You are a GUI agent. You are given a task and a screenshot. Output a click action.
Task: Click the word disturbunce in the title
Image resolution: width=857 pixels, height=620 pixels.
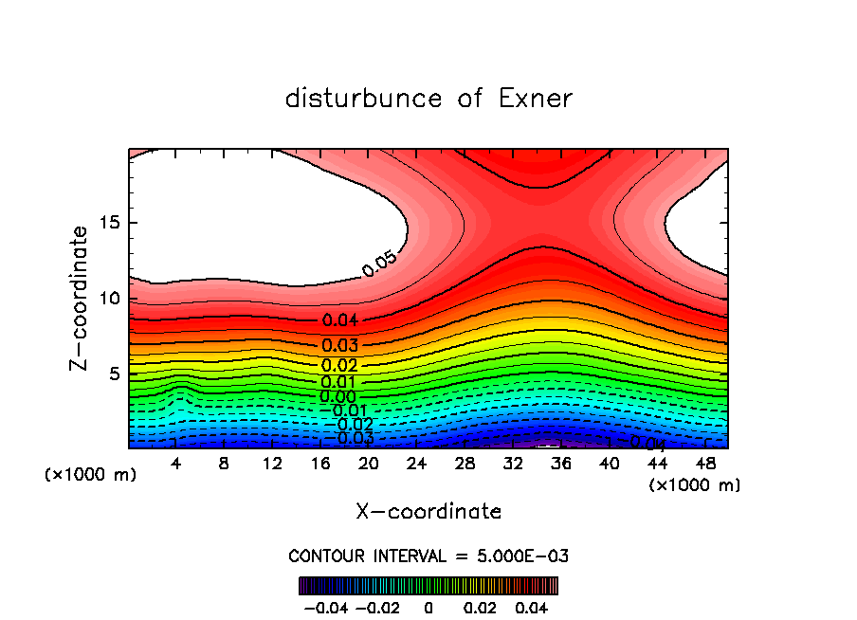pos(364,99)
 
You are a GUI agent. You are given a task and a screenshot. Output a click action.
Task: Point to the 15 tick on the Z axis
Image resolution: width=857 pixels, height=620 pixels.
pos(107,223)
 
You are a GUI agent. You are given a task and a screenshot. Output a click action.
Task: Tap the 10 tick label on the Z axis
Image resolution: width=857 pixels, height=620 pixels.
pos(107,299)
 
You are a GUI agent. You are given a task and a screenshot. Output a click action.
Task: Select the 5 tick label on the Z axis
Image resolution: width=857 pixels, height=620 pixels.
pos(112,374)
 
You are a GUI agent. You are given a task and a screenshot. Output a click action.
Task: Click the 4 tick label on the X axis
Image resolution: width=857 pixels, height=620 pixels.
pos(176,464)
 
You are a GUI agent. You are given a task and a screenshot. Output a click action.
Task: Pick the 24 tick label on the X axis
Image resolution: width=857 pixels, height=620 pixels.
pos(416,464)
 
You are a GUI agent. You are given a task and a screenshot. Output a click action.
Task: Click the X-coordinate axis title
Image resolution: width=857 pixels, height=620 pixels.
pos(428,512)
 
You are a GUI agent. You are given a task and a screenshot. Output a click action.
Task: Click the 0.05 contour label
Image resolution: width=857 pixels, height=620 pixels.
pos(379,264)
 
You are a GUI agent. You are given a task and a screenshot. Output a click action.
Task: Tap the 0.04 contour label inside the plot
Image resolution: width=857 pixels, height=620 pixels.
pos(339,320)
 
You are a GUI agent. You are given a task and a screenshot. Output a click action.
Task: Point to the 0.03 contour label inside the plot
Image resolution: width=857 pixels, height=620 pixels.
pos(339,346)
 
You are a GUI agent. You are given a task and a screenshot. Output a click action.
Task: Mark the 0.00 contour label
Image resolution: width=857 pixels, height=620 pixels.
pos(337,397)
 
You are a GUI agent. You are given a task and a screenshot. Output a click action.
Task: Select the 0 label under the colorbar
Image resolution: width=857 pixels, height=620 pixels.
pos(428,607)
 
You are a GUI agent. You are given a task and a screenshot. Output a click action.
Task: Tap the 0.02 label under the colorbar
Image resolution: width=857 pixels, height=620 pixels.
pos(480,607)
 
